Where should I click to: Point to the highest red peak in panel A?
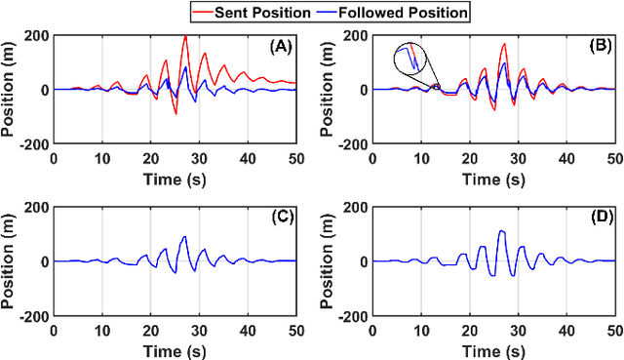[x=185, y=37]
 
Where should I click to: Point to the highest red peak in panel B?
[x=504, y=44]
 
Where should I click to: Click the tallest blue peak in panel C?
[x=184, y=237]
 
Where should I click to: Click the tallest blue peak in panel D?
[x=501, y=232]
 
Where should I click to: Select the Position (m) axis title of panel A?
[x=9, y=89]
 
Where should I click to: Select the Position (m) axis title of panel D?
[x=327, y=261]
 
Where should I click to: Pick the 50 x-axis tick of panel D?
[x=612, y=330]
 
